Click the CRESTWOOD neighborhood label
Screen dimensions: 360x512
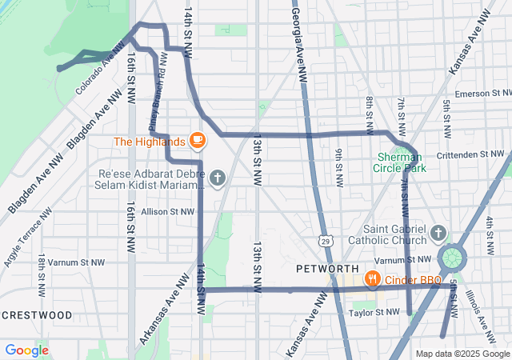pyautogui.click(x=37, y=315)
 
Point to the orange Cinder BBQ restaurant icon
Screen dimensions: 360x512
pyautogui.click(x=372, y=279)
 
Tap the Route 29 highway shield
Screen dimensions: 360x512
pyautogui.click(x=325, y=240)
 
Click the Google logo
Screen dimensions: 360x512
pyautogui.click(x=26, y=350)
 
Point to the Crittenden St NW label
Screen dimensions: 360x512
pyautogui.click(x=473, y=154)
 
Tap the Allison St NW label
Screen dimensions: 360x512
pyautogui.click(x=167, y=212)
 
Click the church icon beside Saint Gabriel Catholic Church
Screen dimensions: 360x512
pyautogui.click(x=437, y=233)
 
